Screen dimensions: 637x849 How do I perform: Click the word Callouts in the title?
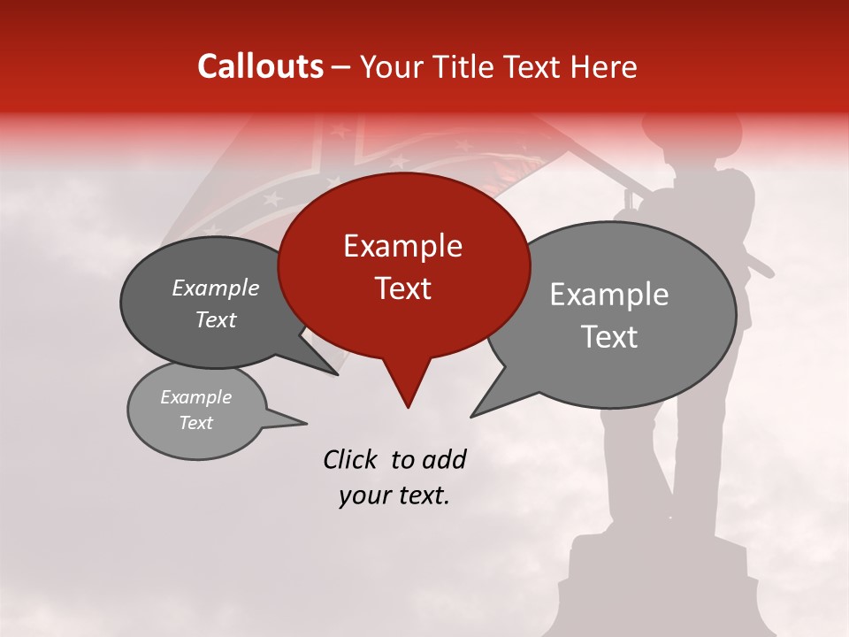click(x=260, y=66)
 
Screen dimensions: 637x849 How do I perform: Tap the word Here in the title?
click(x=603, y=66)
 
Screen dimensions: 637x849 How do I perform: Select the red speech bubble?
click(x=403, y=265)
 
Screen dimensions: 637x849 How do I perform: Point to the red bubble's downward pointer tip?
click(x=408, y=407)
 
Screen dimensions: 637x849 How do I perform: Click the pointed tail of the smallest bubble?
click(x=305, y=423)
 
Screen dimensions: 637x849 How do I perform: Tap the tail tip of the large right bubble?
click(x=472, y=416)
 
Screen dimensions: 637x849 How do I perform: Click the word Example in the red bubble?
click(x=402, y=246)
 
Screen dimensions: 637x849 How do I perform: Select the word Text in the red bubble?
click(x=402, y=288)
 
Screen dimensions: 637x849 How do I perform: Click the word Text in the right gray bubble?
click(x=609, y=337)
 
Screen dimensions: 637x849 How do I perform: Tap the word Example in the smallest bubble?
click(x=196, y=397)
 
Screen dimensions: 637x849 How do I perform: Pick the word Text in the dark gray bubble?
click(x=216, y=320)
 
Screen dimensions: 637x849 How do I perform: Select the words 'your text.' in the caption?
click(x=394, y=496)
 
